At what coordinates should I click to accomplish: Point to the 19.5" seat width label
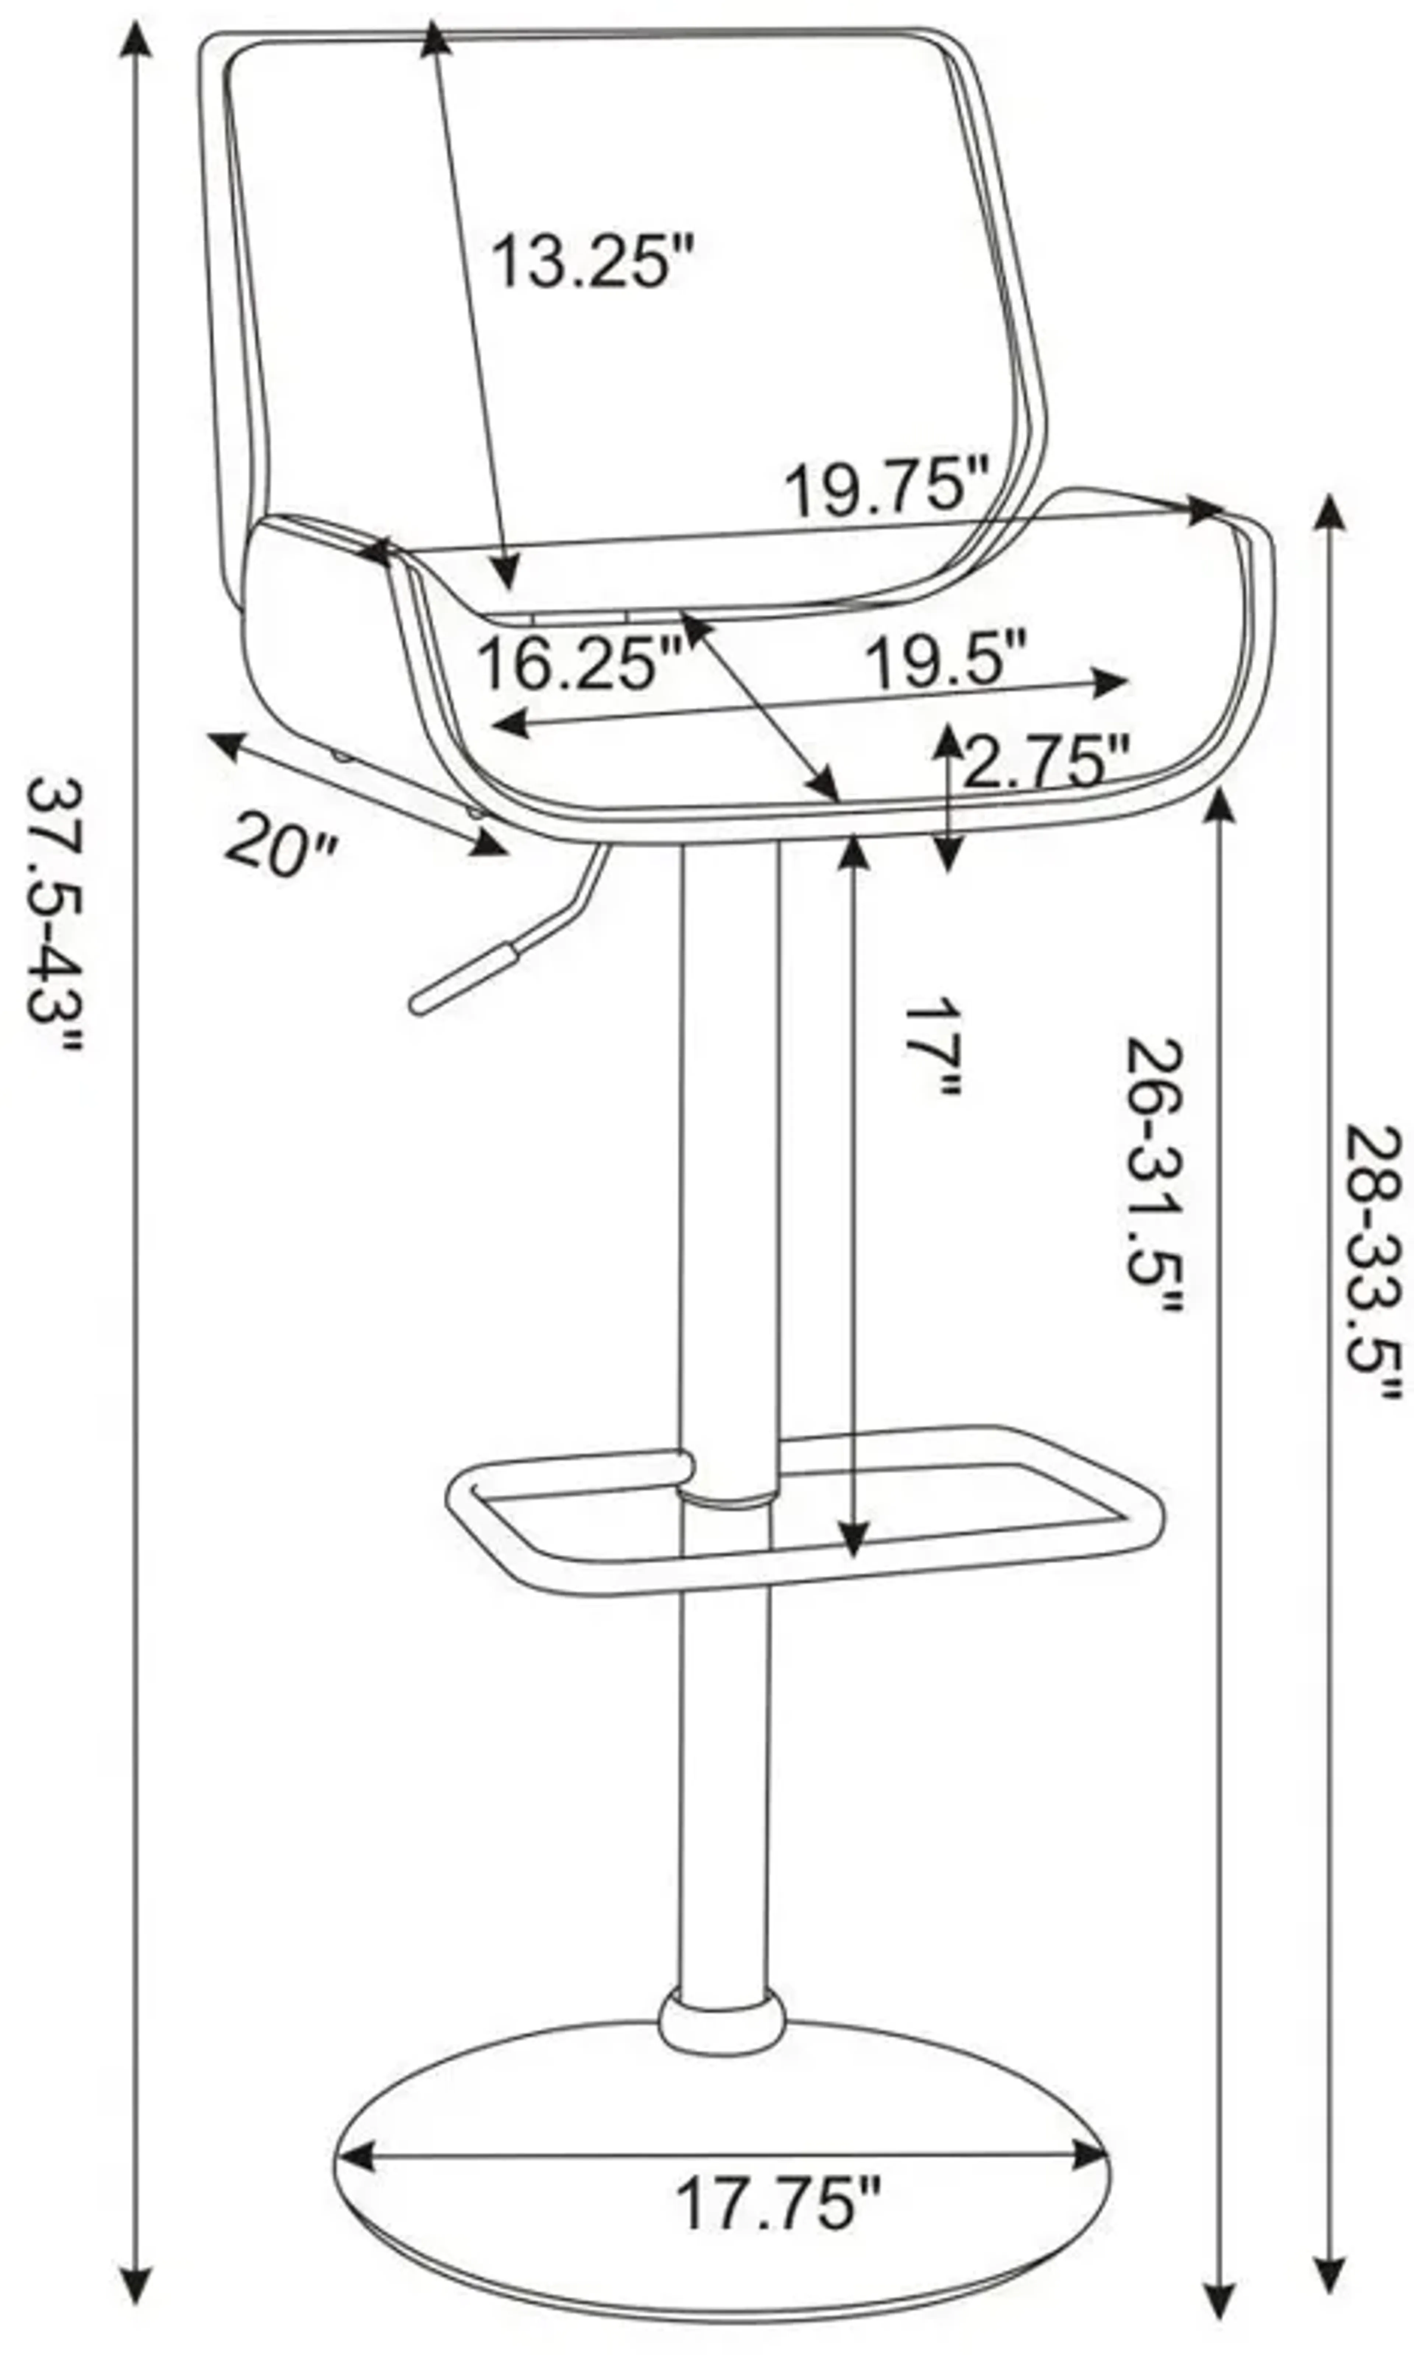(x=945, y=659)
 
